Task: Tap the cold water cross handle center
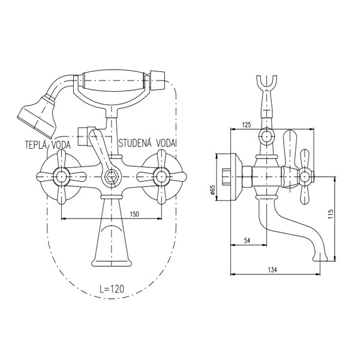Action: [x=160, y=176]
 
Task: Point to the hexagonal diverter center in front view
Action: [x=110, y=177]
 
